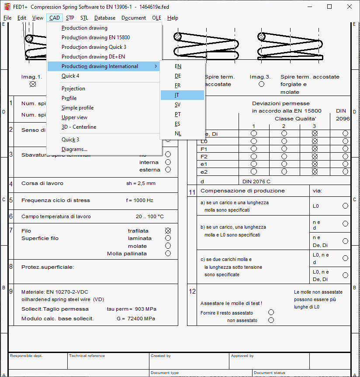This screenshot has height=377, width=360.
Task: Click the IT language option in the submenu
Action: pos(177,95)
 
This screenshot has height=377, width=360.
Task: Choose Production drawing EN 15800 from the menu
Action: pos(96,38)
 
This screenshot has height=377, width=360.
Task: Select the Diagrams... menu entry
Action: pos(74,149)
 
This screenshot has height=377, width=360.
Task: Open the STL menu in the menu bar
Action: pos(84,18)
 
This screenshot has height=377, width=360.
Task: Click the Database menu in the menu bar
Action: pos(105,18)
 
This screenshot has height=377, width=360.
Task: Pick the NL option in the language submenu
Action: pos(178,134)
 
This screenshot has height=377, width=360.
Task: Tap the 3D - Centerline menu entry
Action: pos(79,127)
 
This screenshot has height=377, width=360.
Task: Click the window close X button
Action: pos(349,7)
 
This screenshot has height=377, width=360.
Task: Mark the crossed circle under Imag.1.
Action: pos(32,84)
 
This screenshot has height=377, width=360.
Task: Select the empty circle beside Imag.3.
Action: pos(261,84)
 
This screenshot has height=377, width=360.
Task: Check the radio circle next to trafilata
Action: pos(168,231)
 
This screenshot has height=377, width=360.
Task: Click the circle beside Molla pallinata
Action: pos(168,254)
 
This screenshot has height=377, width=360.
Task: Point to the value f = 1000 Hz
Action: pos(139,201)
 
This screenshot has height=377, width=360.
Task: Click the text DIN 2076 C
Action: pos(256,181)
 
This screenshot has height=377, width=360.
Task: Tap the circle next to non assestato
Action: pos(271,320)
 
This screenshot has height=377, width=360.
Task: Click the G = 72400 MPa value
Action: pos(136,319)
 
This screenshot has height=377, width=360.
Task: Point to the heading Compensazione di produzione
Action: pos(242,191)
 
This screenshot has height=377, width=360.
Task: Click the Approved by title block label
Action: pos(242,356)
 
